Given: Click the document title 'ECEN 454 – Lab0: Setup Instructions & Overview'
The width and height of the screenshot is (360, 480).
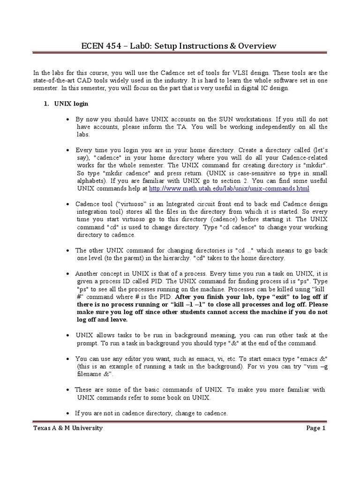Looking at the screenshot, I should coord(180,45).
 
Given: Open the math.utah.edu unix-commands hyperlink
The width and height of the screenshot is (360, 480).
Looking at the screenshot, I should coord(229,188).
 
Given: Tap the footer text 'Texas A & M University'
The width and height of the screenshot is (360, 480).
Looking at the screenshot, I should coord(68,428).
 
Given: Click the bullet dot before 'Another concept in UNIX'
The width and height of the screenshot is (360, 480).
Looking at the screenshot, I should coord(69,274).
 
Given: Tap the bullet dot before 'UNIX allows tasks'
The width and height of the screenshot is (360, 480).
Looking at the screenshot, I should coord(69,336).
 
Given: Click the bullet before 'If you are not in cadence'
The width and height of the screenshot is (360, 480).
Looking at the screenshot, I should coord(69,413).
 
